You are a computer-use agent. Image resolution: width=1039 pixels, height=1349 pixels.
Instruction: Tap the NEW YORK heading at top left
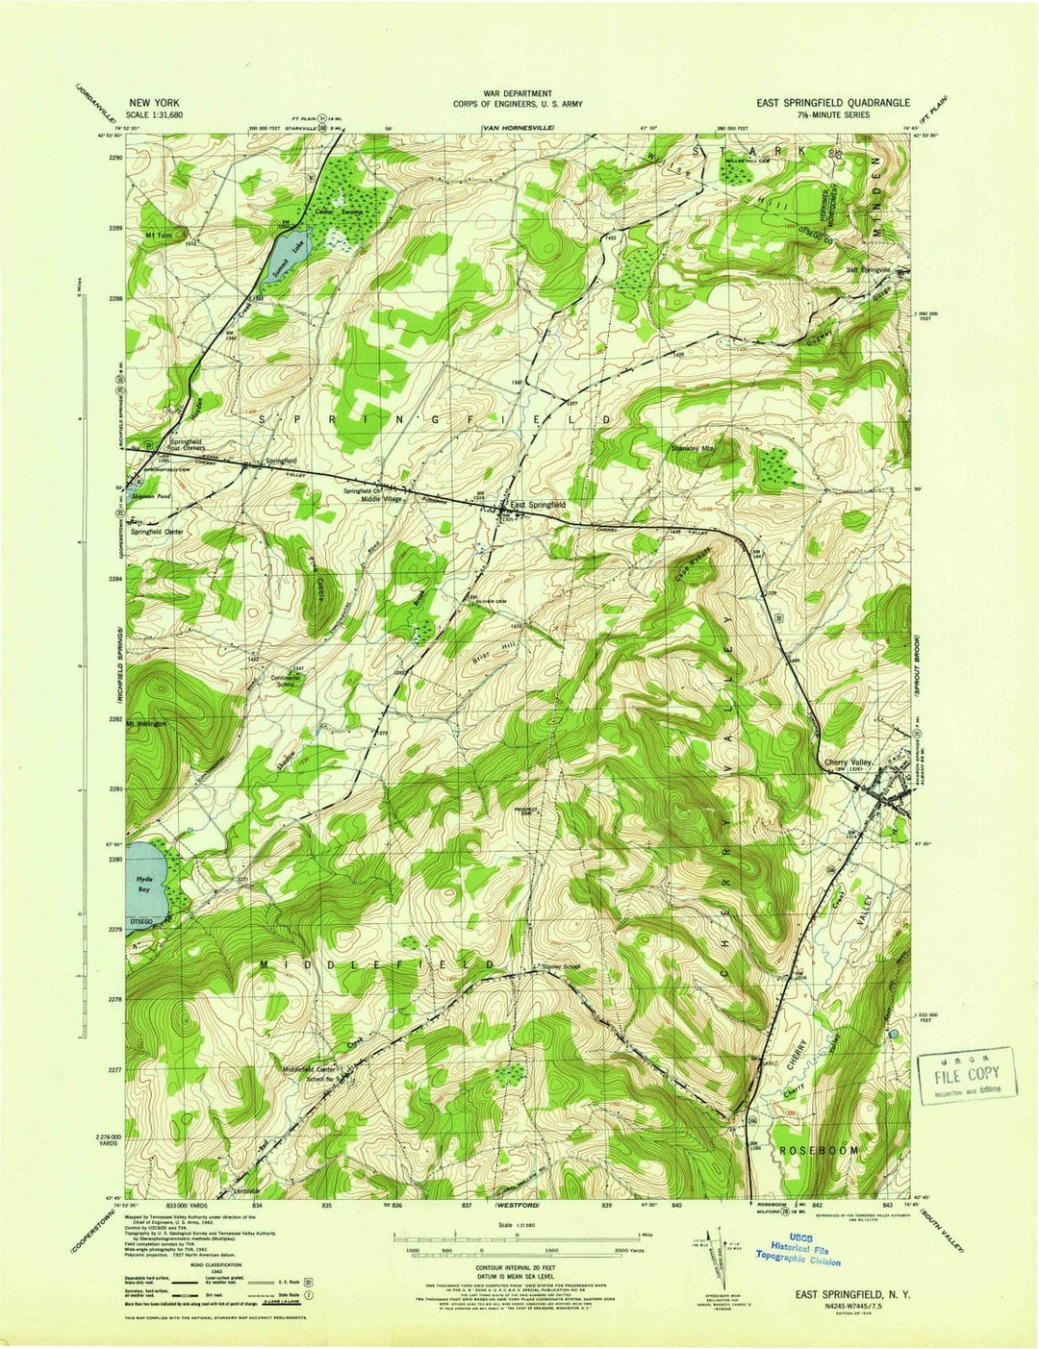point(154,102)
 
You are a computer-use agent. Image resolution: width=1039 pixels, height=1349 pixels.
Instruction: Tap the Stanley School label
point(562,966)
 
